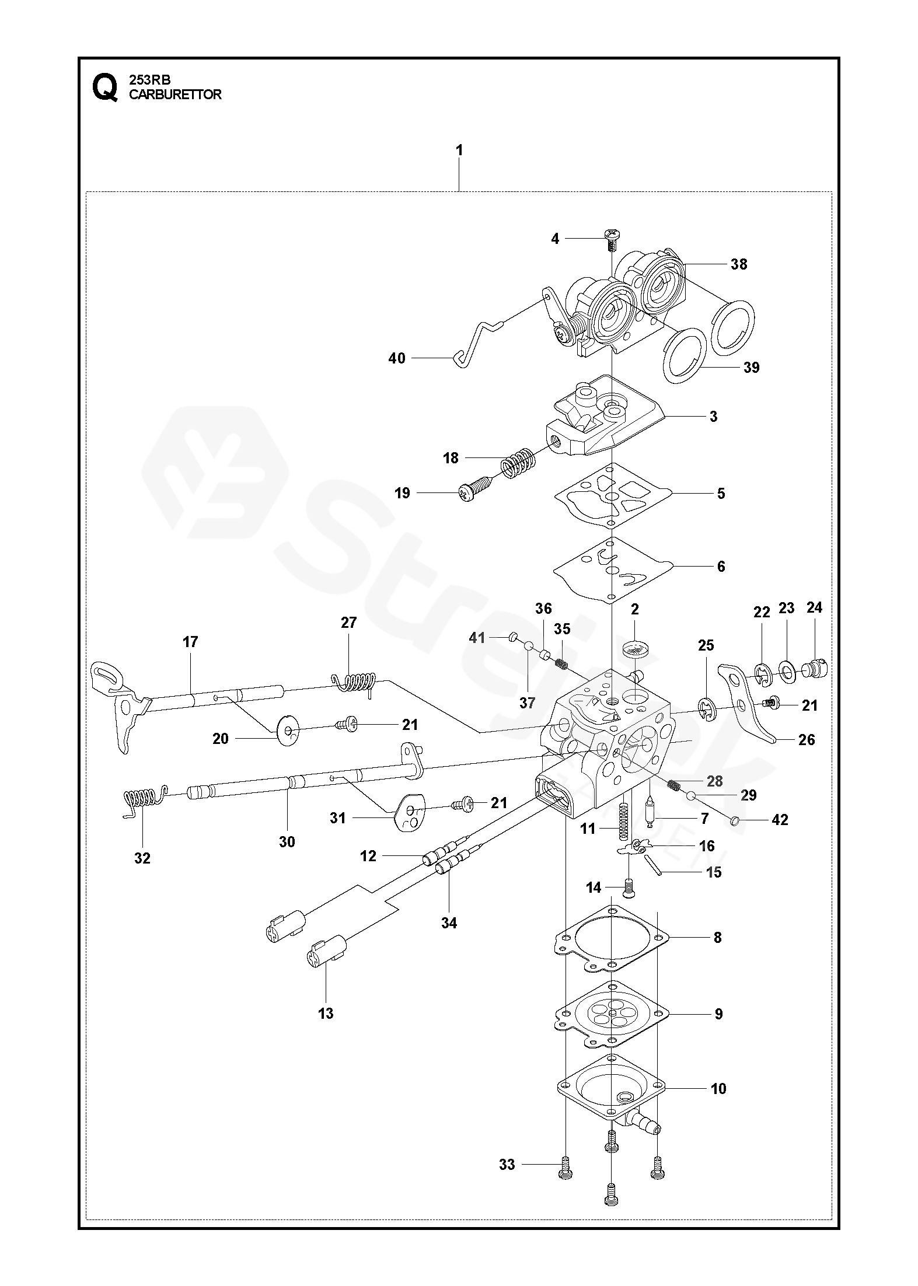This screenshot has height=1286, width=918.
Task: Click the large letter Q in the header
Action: pos(104,88)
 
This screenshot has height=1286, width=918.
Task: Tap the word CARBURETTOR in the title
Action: pos(175,95)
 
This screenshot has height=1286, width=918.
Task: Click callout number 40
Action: pos(397,358)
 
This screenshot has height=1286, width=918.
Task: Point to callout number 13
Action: pos(326,1013)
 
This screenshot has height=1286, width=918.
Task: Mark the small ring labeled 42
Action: pos(735,821)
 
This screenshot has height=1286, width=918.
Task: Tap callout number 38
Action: pos(738,264)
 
